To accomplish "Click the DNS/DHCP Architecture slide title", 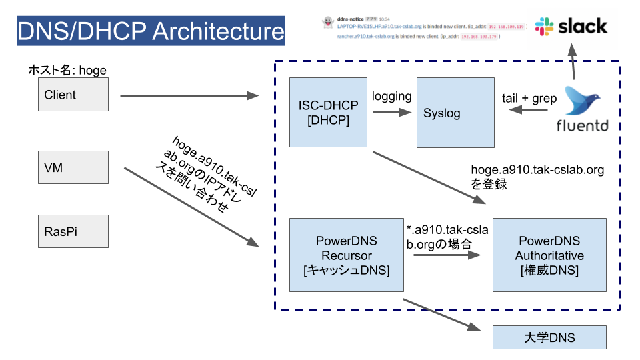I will point(151,31).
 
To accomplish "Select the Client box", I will point(73,95).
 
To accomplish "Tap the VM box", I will point(73,167).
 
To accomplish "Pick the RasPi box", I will point(73,232).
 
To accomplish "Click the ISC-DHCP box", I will point(328,112).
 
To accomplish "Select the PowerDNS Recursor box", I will point(347,255).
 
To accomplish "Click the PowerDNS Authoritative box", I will point(549,255).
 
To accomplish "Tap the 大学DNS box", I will point(549,337).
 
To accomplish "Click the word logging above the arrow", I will point(391,96).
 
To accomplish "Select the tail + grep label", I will point(529,98).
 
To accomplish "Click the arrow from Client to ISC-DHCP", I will point(189,96).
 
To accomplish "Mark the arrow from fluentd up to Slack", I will point(571,63).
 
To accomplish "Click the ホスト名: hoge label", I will point(67,70).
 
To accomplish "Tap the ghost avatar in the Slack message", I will point(327,22).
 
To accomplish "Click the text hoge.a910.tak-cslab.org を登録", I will point(537,177).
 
